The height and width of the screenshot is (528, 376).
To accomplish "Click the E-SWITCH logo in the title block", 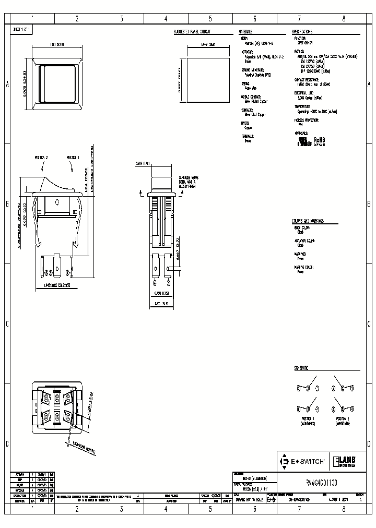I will point(303,461).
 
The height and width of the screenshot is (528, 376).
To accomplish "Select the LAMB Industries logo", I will point(345,461).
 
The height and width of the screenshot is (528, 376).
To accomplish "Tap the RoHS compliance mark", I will point(319,141).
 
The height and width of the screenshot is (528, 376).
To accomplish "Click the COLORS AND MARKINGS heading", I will point(308,221).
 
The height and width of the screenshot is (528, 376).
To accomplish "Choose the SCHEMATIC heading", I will point(301,368).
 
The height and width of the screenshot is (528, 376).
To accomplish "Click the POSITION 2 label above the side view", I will point(41,157).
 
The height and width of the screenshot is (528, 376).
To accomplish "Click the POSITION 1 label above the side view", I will point(73,157).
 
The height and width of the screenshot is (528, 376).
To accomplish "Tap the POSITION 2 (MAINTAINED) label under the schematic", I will point(343,421).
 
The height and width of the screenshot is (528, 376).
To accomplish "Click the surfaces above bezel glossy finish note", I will point(189,181).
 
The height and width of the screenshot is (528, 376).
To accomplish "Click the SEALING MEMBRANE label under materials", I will point(252,69).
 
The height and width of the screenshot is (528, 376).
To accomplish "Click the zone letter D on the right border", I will point(369,444).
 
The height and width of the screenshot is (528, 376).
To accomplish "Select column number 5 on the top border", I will point(210,18).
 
